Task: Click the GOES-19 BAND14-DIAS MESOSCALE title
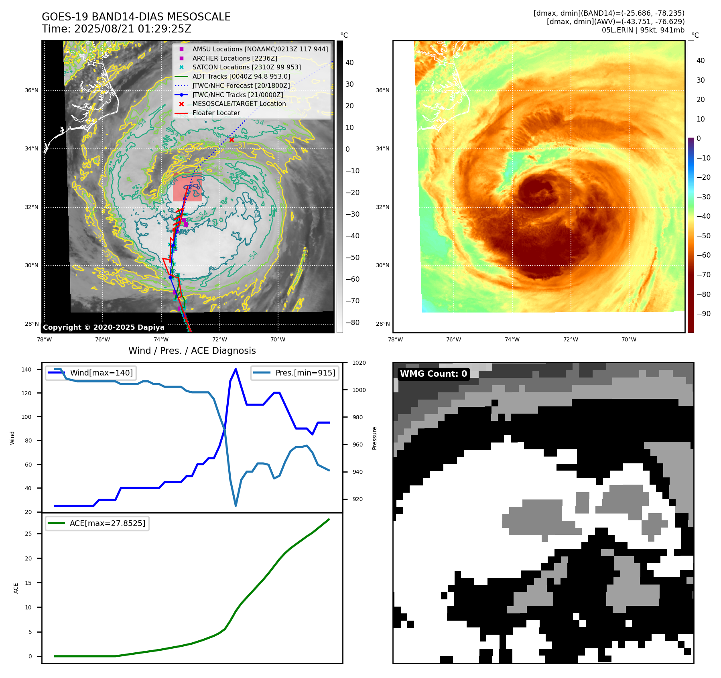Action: click(x=136, y=17)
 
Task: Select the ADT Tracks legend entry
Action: click(x=241, y=76)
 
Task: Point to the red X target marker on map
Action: click(x=232, y=140)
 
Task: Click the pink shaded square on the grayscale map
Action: click(x=187, y=188)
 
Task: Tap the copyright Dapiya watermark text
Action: click(x=104, y=327)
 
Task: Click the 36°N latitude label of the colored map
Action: click(x=382, y=90)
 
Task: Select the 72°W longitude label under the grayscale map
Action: click(x=220, y=340)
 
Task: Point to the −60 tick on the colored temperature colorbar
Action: click(x=703, y=255)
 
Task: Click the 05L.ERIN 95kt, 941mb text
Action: click(x=643, y=30)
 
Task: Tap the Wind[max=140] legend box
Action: click(x=91, y=373)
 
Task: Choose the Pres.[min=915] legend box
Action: click(x=295, y=373)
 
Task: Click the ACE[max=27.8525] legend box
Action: click(x=97, y=523)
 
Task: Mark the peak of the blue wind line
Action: click(x=236, y=369)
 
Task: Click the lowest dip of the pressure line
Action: click(x=236, y=505)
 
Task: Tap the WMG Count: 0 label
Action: click(x=433, y=374)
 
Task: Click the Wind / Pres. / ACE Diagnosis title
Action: click(x=192, y=351)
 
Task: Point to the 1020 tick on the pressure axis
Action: click(x=359, y=363)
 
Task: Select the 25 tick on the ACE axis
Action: click(x=28, y=534)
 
